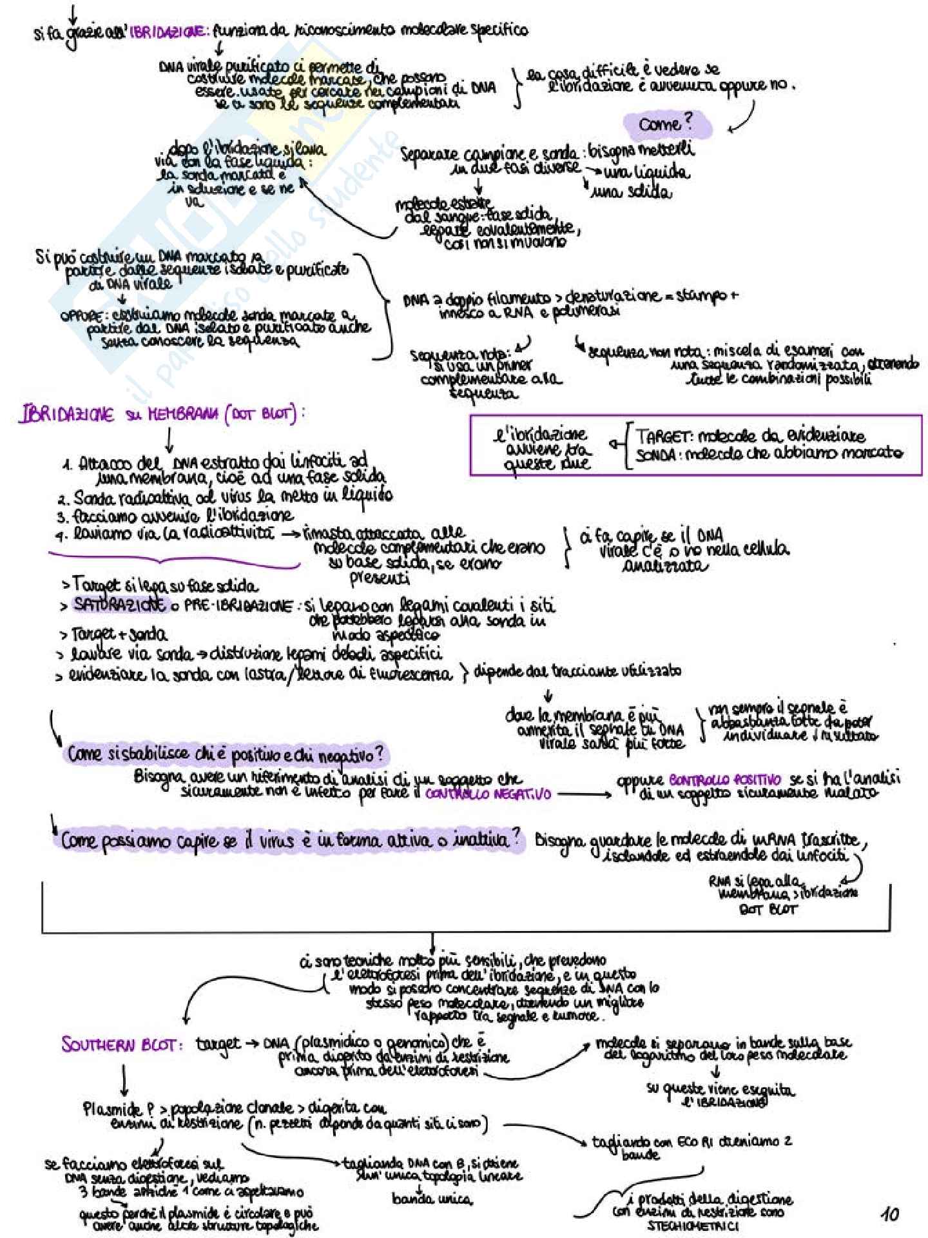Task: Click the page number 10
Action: point(890,1214)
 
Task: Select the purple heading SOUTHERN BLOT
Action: point(121,1045)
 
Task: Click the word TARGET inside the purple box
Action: point(664,436)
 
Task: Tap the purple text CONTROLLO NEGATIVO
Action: point(488,794)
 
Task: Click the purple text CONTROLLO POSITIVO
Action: point(725,780)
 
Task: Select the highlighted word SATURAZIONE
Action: point(119,605)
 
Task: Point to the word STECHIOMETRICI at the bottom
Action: point(693,1226)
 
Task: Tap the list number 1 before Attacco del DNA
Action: point(66,465)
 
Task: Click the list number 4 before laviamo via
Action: point(61,535)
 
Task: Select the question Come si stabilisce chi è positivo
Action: point(226,753)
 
